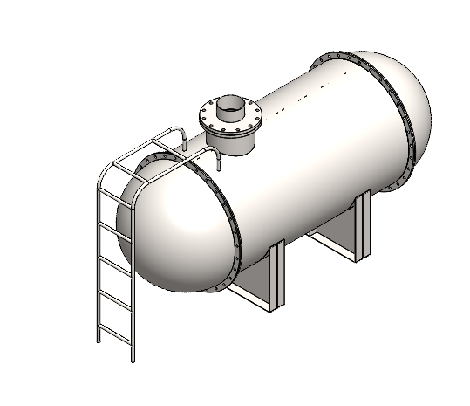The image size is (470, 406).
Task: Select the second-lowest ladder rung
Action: tap(112, 297)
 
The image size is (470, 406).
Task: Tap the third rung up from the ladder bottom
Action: tap(109, 260)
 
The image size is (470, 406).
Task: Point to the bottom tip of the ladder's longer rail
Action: tap(133, 359)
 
